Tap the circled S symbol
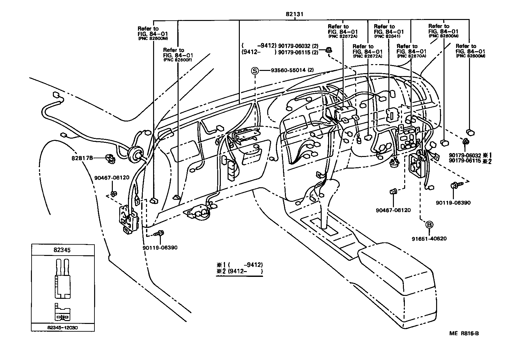click(x=255, y=71)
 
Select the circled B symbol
click(x=430, y=225)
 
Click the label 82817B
click(x=82, y=158)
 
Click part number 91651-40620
click(x=429, y=239)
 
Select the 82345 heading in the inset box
click(x=63, y=249)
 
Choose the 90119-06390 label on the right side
click(x=453, y=203)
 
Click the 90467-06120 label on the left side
click(x=112, y=178)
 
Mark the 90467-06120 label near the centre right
click(x=393, y=210)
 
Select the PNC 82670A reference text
click(x=412, y=56)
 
